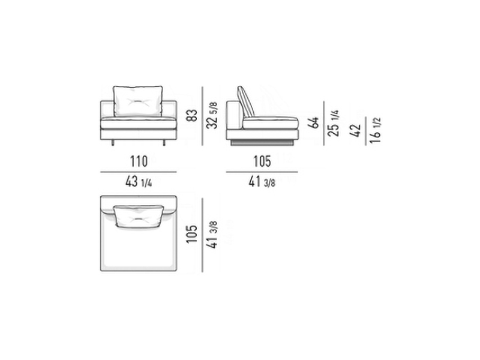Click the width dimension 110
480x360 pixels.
(139, 161)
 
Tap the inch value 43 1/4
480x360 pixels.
(139, 182)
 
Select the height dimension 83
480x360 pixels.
(192, 115)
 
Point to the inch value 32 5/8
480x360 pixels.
(212, 115)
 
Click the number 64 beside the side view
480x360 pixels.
(314, 122)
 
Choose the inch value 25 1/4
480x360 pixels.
(334, 123)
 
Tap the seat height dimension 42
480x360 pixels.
(355, 131)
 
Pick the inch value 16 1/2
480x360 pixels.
(375, 130)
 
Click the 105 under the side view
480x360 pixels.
(262, 161)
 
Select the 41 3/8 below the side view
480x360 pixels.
(262, 182)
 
